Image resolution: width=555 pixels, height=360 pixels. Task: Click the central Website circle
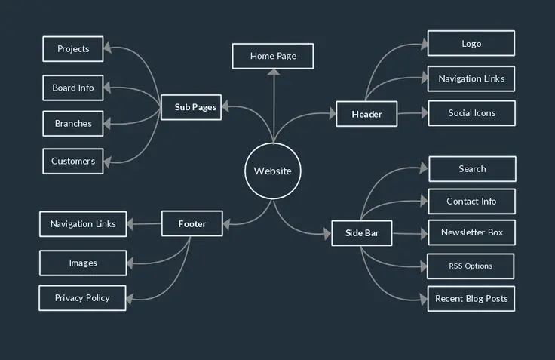272,171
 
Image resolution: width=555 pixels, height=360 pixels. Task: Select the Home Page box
272,56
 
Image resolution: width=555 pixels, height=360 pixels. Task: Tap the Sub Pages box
195,107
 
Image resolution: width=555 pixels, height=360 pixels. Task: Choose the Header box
366,114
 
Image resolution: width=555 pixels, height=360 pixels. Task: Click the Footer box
192,224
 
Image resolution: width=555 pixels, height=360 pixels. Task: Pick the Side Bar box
362,233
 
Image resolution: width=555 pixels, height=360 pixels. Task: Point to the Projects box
73,49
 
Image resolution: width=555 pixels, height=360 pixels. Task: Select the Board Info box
73,88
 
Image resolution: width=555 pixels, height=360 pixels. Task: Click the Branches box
73,124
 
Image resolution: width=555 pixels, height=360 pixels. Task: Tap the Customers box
73,161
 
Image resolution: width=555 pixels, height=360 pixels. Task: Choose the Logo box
471,43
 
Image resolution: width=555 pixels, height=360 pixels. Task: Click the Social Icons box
471,113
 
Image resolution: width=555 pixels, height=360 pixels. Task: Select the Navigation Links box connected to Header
471,78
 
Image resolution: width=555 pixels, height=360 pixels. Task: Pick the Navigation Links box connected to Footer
83,224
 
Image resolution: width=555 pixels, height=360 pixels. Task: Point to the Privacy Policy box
82,297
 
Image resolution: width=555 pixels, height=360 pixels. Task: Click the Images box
83,263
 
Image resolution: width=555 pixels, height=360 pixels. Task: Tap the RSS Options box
471,266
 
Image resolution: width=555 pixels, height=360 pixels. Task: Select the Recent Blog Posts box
471,299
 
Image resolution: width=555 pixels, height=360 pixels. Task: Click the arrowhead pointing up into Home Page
273,72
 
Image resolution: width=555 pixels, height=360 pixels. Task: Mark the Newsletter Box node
472,232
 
